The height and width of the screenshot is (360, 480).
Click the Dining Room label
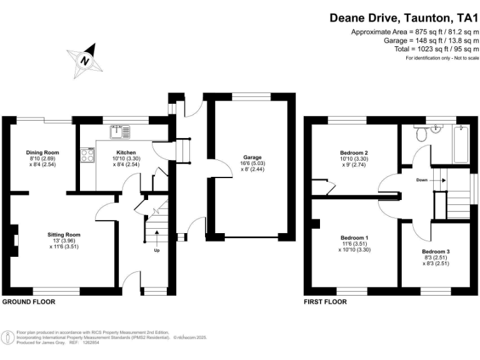coord(42,152)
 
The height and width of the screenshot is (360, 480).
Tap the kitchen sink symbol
coord(120,132)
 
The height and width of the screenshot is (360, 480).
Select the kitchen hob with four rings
coord(87,155)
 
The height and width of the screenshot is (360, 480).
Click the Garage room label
coord(252,157)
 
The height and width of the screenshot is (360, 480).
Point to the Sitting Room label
coord(64,235)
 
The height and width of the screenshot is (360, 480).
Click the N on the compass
coord(85,60)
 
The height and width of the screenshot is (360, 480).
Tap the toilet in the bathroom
coord(421,133)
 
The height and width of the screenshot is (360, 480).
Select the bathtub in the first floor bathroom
coord(461,144)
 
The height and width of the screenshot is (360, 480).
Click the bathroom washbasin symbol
coord(436,129)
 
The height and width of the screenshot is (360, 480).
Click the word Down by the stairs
coord(422,180)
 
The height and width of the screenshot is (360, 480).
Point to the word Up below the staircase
coord(157,251)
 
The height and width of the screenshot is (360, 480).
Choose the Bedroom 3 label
coord(436,252)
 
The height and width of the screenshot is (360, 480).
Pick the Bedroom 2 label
coord(354,152)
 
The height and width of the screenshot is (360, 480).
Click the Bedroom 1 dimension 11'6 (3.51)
coord(354,244)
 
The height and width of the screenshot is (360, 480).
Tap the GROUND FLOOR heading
coord(29,302)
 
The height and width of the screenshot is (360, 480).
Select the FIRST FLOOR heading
coord(326,302)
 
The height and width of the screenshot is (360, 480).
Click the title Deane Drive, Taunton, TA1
coord(404,17)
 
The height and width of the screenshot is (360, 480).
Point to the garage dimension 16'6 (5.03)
coord(253,164)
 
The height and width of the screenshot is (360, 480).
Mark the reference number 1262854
coord(91,343)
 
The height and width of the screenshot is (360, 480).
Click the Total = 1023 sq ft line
coord(436,49)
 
